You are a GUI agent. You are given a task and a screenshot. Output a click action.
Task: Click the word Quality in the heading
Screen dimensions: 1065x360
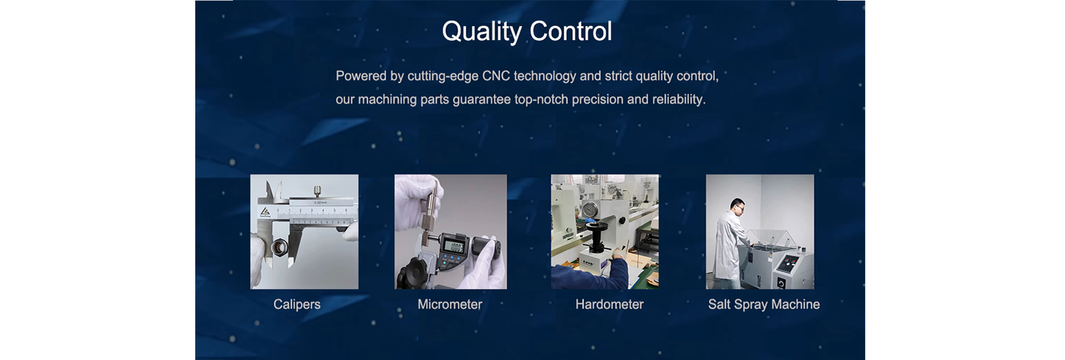[481, 32]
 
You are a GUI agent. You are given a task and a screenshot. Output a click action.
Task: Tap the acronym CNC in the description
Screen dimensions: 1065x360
[496, 76]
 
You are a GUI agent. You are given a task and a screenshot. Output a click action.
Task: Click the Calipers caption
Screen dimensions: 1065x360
[297, 305]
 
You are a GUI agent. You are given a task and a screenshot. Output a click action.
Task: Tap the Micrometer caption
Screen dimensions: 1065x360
[450, 305]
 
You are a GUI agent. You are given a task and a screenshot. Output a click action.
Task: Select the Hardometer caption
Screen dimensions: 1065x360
[609, 305]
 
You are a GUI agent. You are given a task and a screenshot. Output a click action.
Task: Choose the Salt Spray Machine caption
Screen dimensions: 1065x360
[764, 305]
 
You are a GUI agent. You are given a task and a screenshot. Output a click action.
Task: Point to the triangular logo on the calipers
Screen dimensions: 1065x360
[265, 212]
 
